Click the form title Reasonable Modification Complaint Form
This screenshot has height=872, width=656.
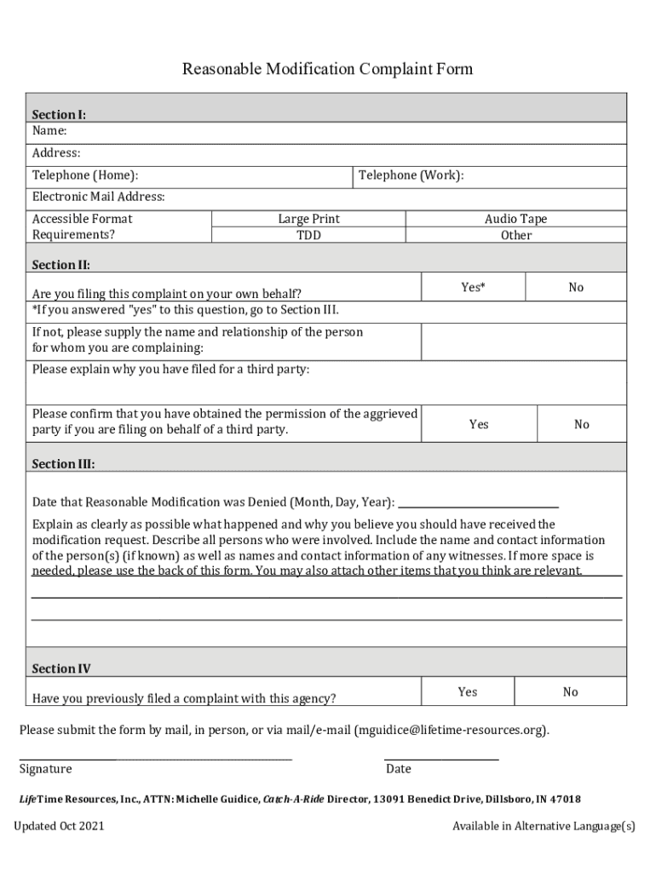click(x=327, y=69)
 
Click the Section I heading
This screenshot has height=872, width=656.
click(x=59, y=114)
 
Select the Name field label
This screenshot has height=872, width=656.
click(x=49, y=130)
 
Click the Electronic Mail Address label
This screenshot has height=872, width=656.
click(x=99, y=197)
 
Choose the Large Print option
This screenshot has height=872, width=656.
click(x=308, y=219)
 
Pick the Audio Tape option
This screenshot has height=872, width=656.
click(x=515, y=219)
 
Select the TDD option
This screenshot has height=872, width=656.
click(x=308, y=235)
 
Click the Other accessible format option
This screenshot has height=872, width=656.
click(x=515, y=235)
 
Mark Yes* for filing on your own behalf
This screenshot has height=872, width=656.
click(x=473, y=288)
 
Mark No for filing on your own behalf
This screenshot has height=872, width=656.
click(x=576, y=288)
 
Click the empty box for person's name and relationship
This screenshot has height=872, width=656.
click(x=523, y=341)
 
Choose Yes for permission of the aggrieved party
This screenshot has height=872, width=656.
click(x=479, y=424)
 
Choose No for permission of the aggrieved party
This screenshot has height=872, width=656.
click(x=581, y=424)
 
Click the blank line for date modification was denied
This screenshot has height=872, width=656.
click(x=478, y=501)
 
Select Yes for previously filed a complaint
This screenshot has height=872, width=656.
click(x=467, y=692)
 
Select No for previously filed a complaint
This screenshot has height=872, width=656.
click(x=570, y=692)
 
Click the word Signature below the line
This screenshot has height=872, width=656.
click(x=46, y=769)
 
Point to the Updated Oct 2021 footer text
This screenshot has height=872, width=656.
click(x=59, y=826)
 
